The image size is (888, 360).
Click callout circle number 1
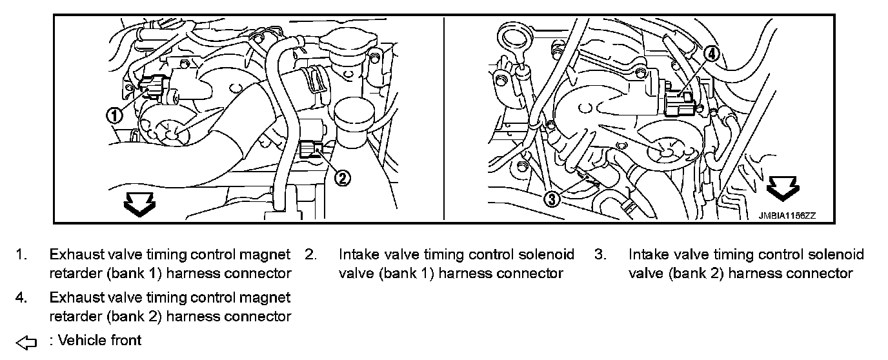tap(114, 115)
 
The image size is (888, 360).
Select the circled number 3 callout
tap(552, 199)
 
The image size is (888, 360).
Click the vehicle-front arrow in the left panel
tap(139, 203)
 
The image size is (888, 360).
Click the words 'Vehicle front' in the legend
tap(99, 339)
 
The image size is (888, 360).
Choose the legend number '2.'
tap(310, 255)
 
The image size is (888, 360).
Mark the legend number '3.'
tap(600, 255)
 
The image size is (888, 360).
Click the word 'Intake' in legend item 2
tap(358, 254)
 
